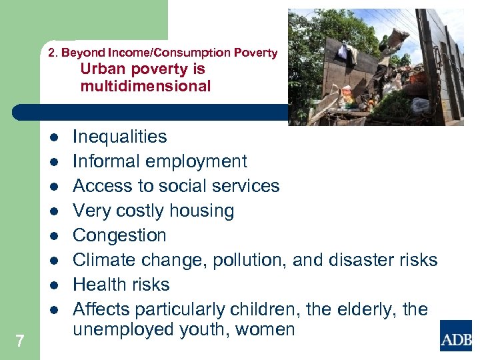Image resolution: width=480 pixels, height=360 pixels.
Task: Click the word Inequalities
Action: click(x=119, y=137)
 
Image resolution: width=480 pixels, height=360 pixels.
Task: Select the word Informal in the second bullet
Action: click(x=104, y=161)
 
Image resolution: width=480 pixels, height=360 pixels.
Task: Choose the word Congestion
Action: click(x=119, y=236)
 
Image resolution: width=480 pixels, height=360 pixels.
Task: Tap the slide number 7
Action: click(x=20, y=341)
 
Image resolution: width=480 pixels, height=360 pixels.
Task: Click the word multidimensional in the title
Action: click(x=145, y=86)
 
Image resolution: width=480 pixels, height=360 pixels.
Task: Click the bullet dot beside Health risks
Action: click(x=53, y=285)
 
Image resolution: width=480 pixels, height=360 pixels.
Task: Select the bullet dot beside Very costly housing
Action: click(x=53, y=211)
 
